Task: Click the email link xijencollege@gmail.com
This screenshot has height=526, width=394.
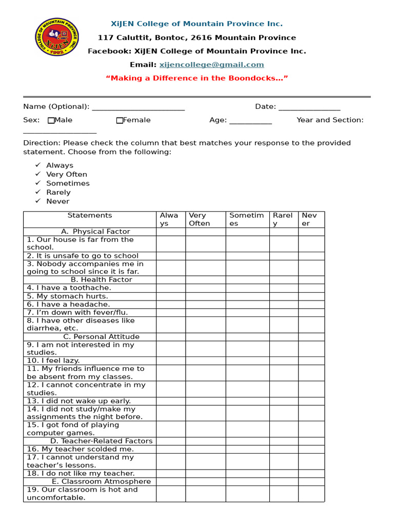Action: click(211, 65)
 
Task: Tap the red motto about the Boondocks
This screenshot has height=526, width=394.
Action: click(196, 78)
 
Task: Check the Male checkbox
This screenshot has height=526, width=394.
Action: click(51, 121)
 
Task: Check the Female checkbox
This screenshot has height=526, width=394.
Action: click(120, 121)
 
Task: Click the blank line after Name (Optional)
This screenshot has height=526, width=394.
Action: click(137, 107)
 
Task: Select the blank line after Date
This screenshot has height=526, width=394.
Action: click(309, 107)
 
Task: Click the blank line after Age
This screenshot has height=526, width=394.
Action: click(250, 121)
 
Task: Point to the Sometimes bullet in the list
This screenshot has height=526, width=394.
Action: click(68, 183)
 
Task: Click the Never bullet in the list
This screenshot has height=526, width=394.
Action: click(57, 201)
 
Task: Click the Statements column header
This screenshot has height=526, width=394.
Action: click(90, 216)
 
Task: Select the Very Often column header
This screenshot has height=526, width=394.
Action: click(205, 219)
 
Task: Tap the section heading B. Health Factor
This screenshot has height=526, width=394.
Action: click(101, 280)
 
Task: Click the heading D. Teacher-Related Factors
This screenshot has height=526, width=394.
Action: click(101, 441)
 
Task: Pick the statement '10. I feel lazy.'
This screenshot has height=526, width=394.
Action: click(53, 361)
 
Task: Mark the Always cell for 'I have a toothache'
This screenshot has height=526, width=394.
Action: click(171, 288)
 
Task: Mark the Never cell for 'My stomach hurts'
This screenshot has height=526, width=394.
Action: click(311, 296)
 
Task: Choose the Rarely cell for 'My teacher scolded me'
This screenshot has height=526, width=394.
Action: click(284, 449)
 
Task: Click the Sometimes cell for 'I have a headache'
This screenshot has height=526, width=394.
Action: click(247, 305)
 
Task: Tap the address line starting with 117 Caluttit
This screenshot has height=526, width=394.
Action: click(196, 37)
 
